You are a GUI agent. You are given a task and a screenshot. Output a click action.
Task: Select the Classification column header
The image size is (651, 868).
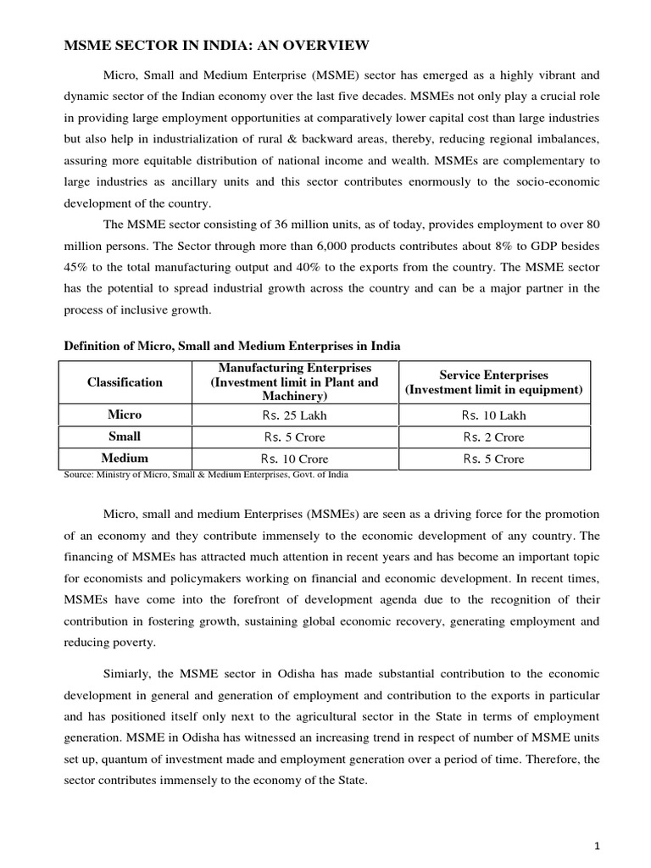(x=125, y=382)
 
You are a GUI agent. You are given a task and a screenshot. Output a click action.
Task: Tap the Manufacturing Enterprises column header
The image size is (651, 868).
(x=294, y=382)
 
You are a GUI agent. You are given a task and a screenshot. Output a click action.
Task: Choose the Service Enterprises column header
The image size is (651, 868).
(x=493, y=382)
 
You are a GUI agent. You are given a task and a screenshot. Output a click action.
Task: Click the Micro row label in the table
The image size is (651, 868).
(x=125, y=415)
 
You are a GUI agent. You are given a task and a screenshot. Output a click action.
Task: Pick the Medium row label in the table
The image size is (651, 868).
(x=125, y=459)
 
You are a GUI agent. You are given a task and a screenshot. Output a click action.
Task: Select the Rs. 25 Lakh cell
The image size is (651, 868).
(x=294, y=415)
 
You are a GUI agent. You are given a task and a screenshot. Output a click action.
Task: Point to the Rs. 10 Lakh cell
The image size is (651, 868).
(x=493, y=415)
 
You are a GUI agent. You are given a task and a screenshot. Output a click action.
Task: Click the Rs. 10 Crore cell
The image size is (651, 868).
(x=294, y=459)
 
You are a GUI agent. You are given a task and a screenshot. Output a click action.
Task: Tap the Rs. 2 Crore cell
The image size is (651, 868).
(x=493, y=437)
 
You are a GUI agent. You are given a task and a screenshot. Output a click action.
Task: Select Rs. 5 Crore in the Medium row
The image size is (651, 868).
(x=493, y=459)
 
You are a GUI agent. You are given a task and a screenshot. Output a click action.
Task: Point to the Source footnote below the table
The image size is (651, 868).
(x=206, y=475)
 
